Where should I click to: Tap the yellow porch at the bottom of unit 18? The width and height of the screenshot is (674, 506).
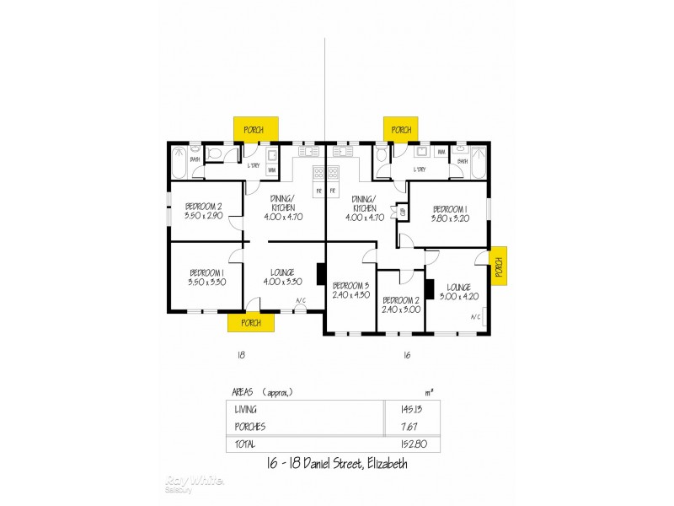point(250,322)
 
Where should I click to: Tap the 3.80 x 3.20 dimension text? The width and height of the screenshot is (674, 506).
point(449,218)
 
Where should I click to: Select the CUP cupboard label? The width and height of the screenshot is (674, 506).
point(404,213)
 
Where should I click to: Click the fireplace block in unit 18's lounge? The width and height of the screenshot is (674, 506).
point(321,275)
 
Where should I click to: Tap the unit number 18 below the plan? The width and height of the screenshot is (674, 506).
point(242,355)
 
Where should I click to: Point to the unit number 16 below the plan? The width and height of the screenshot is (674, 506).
point(406,355)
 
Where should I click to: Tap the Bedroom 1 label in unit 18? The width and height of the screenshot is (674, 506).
point(206,272)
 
